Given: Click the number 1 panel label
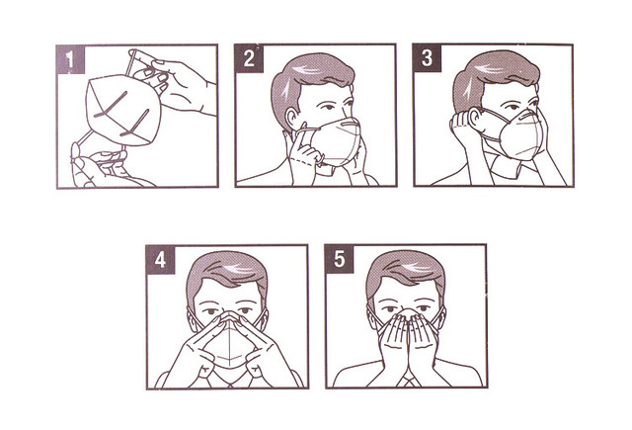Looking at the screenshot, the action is [x=70, y=59].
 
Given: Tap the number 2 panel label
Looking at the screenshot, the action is [x=249, y=59].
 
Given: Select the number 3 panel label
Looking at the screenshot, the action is [x=427, y=58].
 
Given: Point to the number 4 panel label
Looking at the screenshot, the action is [x=160, y=259].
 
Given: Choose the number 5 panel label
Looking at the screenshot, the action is [x=340, y=259].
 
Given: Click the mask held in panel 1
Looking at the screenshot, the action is [x=122, y=110].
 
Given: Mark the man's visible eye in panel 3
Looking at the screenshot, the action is [x=512, y=108].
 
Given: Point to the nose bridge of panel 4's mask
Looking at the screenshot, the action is [x=229, y=314].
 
